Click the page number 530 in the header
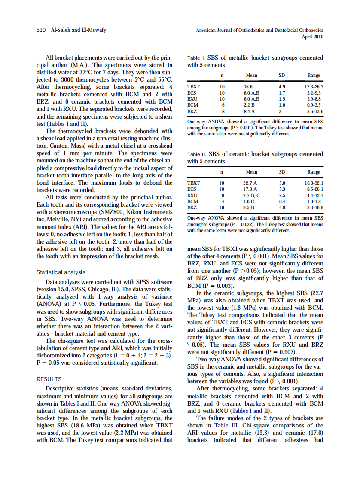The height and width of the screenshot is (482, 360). [x=41, y=30]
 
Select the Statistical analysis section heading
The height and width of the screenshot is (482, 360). [x=61, y=272]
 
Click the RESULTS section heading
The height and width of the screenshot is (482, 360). [x=49, y=379]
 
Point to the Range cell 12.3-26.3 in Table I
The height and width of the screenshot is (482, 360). [x=313, y=87]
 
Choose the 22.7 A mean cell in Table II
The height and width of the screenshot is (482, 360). [x=250, y=183]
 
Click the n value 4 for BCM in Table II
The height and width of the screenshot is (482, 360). [x=222, y=201]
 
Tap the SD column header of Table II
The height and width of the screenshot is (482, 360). [x=282, y=172]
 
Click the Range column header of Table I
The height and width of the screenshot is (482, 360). [x=314, y=76]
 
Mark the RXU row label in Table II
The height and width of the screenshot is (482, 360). [x=192, y=195]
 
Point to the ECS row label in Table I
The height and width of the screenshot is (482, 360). [x=192, y=93]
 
